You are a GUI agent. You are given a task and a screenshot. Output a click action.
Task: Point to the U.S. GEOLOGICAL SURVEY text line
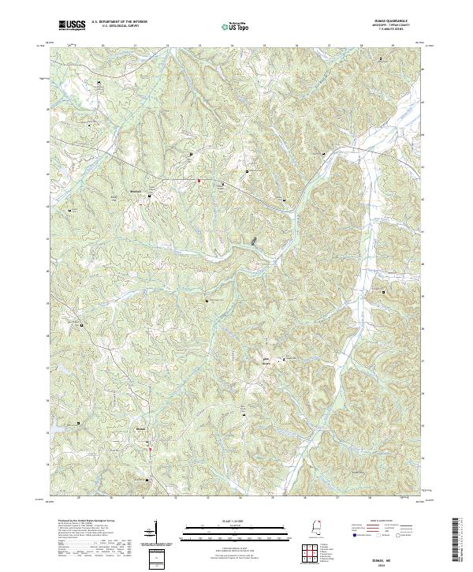pos(114,27)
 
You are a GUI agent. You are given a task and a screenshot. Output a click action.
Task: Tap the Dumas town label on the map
pos(142,430)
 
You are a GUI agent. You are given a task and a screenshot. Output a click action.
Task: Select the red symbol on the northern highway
pos(199,181)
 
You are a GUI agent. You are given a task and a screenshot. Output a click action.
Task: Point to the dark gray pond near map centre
pos(253,241)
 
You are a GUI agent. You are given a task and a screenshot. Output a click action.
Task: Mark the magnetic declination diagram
pos(155,533)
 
